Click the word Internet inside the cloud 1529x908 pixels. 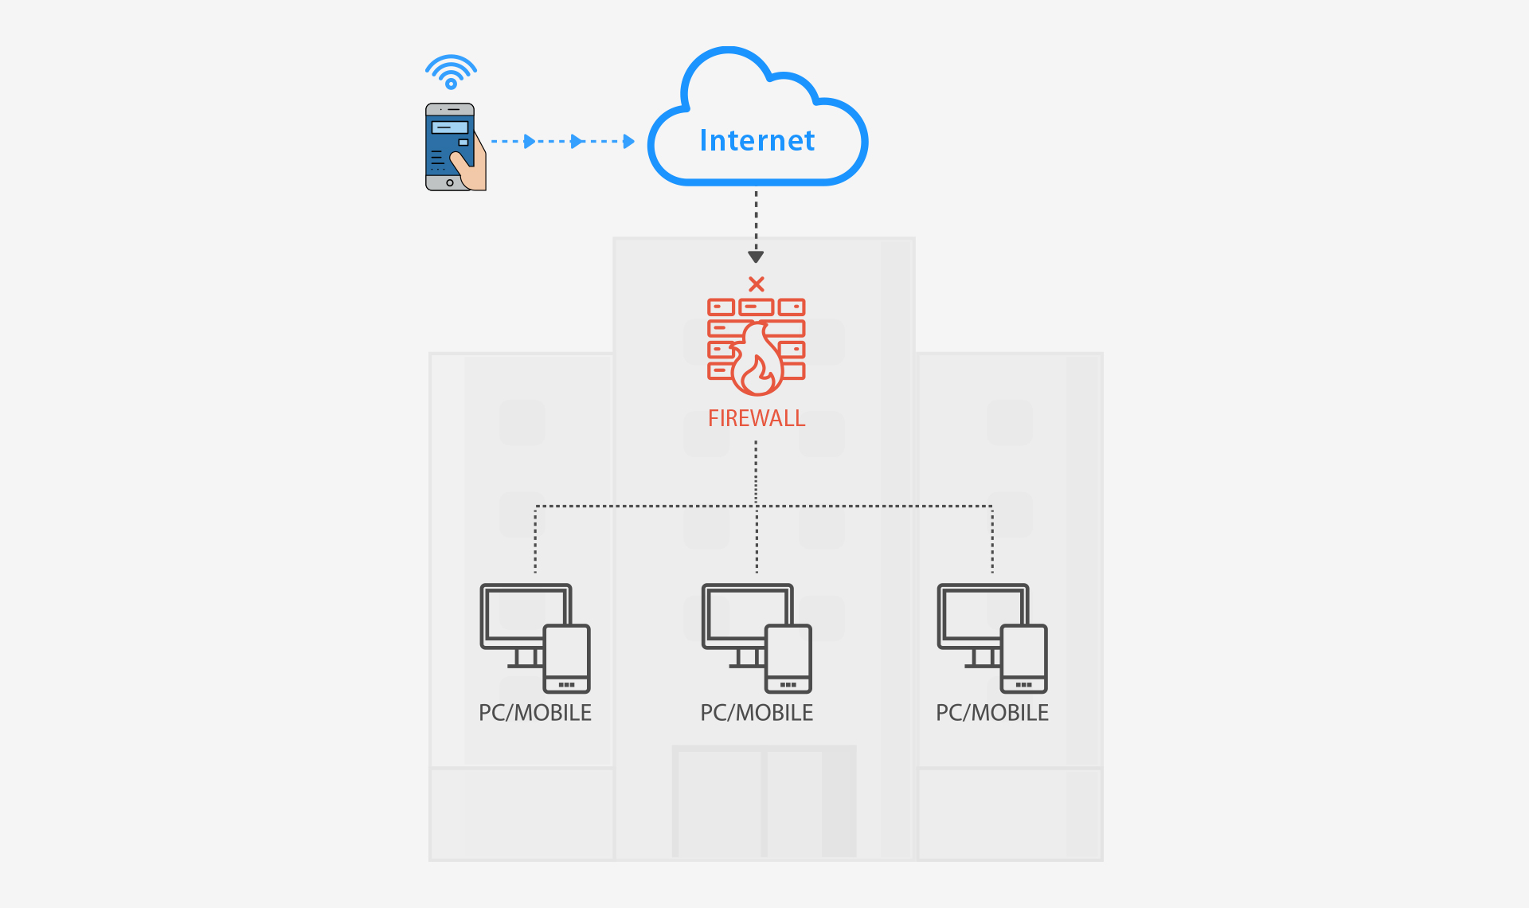coord(757,140)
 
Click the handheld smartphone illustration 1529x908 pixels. coord(456,147)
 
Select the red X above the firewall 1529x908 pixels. coord(757,284)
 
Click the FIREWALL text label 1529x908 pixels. coord(757,418)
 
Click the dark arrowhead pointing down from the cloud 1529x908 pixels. coord(756,257)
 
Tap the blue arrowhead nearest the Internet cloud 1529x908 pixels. coord(629,142)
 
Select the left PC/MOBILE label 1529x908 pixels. coord(535,713)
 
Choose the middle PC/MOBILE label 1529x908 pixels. coord(757,713)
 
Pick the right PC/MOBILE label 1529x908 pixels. coord(992,713)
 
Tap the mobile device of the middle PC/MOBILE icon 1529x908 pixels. coord(788,659)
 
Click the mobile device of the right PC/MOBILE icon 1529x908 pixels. coord(1024,659)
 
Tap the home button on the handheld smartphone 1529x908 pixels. coord(450,183)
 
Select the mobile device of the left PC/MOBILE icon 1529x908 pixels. coord(567,659)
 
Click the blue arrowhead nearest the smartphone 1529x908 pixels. coord(530,142)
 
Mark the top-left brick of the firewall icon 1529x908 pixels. coord(721,307)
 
